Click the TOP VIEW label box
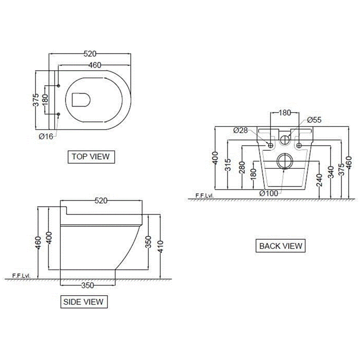91,157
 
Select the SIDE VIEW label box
84,301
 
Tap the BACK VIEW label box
280,246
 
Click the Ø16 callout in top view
46,137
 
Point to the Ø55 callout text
314,120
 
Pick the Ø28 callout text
240,130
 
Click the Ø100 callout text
269,193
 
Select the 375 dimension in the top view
36,100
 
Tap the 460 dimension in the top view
95,65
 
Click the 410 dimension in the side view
161,247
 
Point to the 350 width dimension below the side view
88,285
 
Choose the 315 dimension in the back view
228,165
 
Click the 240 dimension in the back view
319,180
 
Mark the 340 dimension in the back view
331,172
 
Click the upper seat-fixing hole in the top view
58,85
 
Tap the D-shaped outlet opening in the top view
81,100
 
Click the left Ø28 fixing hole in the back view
270,145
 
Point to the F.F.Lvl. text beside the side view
21,275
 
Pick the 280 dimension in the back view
242,167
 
